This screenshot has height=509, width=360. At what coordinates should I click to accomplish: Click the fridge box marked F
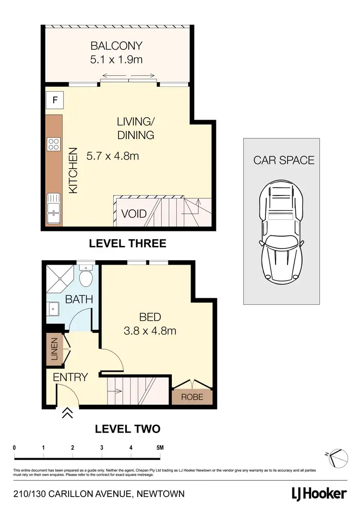tap(55, 101)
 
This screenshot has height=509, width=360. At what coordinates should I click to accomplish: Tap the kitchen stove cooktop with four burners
tap(54, 144)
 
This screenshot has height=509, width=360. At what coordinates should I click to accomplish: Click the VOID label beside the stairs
tap(134, 214)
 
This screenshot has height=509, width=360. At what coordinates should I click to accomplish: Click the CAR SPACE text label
tap(284, 160)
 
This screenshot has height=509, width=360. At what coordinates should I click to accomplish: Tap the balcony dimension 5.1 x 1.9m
tap(117, 60)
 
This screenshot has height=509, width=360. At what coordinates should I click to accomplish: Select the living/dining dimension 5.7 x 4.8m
tap(112, 156)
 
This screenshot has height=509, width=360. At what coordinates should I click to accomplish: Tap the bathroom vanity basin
tap(53, 308)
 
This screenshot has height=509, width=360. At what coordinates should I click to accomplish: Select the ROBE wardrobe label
tap(192, 397)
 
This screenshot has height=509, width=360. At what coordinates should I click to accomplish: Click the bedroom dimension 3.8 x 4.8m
tap(150, 331)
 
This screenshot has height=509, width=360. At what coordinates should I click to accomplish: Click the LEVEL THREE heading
tap(128, 243)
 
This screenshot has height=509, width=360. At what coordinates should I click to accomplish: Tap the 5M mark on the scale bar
tap(160, 448)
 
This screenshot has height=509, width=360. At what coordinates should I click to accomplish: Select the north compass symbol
tap(337, 457)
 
